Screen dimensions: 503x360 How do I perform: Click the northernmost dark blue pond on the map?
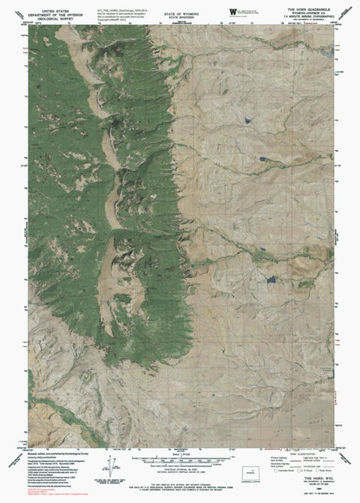245,118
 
